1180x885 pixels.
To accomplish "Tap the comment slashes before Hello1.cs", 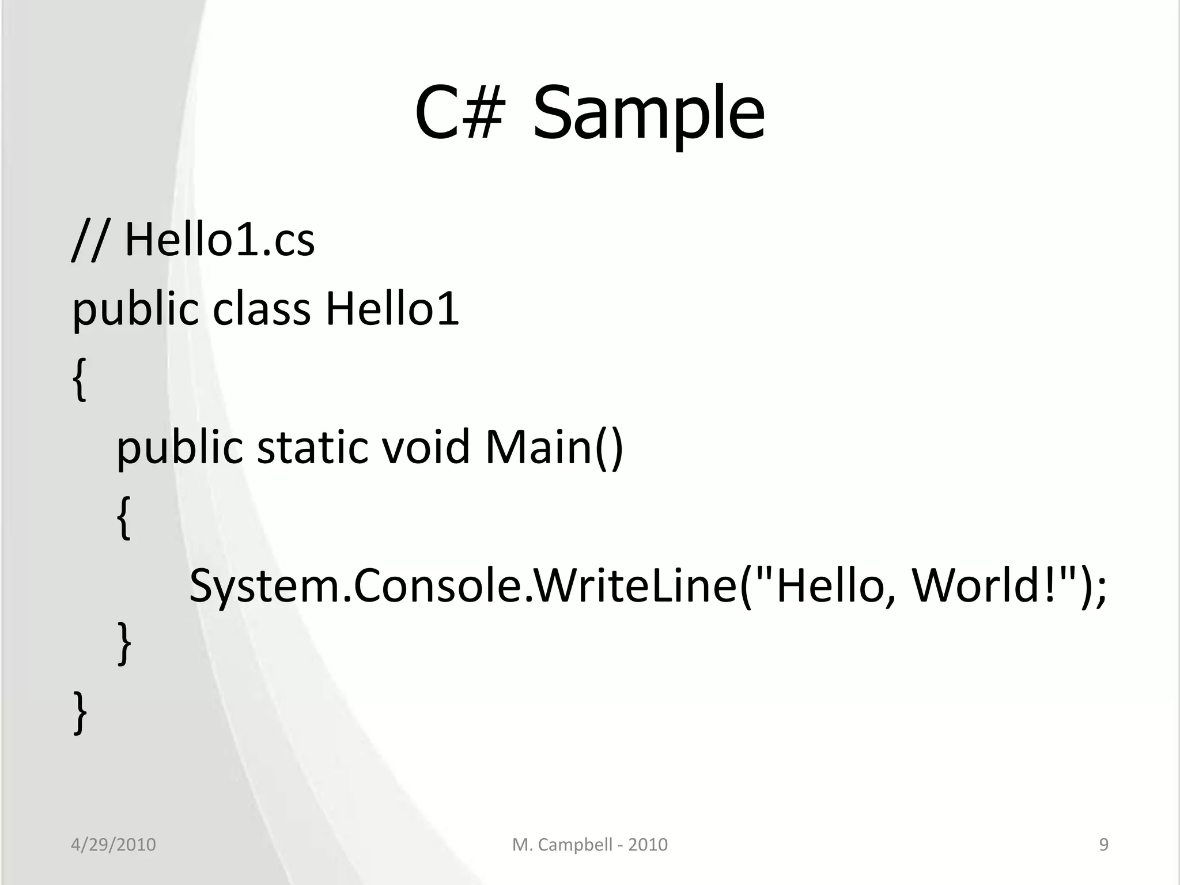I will tap(89, 241).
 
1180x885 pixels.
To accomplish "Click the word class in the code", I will tap(262, 308).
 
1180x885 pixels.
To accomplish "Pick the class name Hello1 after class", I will tap(392, 308).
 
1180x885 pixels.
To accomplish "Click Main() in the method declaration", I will tap(554, 448).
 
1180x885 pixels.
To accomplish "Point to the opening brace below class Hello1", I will tap(80, 379).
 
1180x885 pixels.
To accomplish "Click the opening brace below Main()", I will tap(124, 517).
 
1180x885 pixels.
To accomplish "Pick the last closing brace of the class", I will tap(80, 713).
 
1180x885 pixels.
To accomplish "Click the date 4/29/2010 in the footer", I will tap(113, 845).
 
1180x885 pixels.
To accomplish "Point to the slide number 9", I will tap(1104, 845).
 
